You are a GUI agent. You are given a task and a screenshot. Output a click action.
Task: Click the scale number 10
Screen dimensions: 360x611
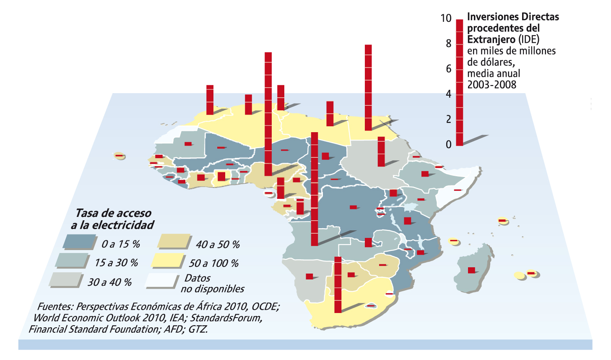point(446,18)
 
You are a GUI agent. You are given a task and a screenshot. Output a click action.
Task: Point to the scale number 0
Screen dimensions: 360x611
point(448,144)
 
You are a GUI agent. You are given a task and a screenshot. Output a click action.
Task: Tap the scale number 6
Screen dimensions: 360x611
point(448,69)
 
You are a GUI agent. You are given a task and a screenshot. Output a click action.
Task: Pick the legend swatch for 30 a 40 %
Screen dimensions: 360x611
point(66,279)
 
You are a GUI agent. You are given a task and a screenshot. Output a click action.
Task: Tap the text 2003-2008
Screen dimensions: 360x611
point(491,85)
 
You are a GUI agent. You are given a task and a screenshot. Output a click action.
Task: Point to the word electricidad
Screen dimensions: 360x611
point(123,225)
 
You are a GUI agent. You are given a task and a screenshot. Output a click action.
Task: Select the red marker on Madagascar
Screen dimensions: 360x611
point(471,270)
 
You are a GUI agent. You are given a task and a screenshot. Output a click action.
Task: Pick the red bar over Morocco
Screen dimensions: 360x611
point(210,99)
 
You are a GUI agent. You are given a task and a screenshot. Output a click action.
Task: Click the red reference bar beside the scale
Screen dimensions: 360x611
point(460,82)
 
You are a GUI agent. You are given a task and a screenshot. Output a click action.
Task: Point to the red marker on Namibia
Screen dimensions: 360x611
point(309,276)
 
